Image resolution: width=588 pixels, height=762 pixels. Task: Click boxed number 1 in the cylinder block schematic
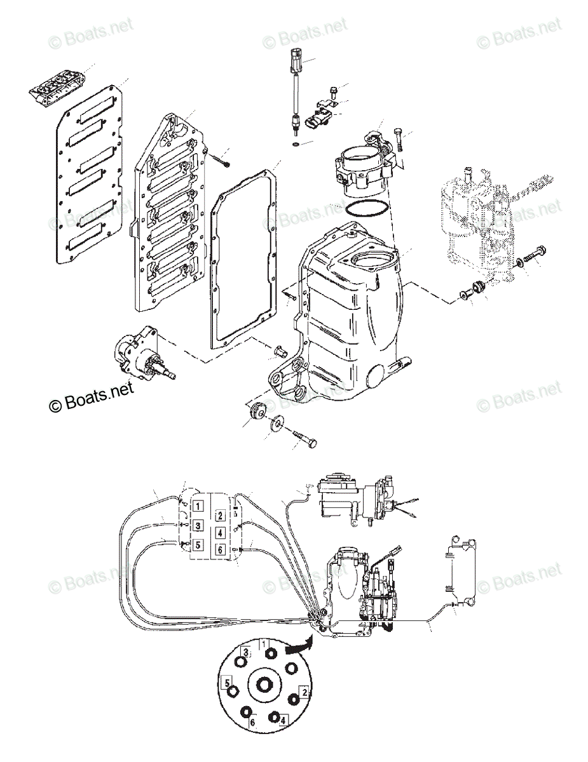tap(198, 506)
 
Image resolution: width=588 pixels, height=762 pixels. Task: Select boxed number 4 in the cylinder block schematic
tap(219, 532)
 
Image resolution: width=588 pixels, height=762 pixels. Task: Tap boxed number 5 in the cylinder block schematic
tap(198, 544)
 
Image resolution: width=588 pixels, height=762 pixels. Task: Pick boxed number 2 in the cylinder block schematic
tap(219, 515)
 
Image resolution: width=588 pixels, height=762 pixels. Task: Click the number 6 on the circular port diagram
tap(252, 723)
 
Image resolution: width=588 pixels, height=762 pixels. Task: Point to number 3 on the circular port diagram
tap(245, 653)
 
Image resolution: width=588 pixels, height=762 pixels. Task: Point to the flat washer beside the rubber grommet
tap(277, 424)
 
